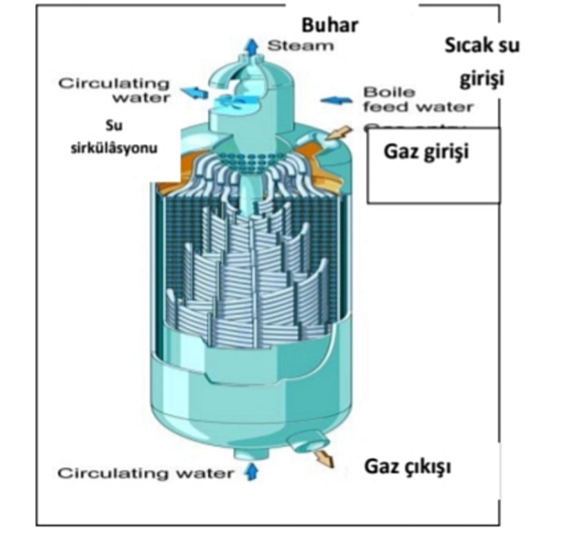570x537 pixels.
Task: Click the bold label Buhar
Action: coord(330,26)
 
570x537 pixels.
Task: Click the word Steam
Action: coord(301,46)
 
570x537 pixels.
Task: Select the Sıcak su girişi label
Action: coord(482,62)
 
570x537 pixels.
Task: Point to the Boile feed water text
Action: coord(418,100)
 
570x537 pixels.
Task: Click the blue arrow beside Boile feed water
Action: coord(336,100)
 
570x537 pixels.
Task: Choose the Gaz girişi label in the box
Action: coord(426,151)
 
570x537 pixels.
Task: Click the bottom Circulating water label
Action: coord(145,474)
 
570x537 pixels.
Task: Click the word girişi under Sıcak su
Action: coord(482,78)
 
